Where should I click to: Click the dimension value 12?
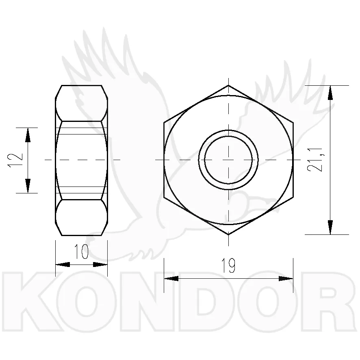pyautogui.click(x=15, y=160)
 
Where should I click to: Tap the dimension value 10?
pyautogui.click(x=82, y=252)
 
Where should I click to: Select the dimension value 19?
pyautogui.click(x=228, y=265)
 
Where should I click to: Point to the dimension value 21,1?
pyautogui.click(x=316, y=160)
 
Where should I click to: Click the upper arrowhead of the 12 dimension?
pyautogui.click(x=28, y=135)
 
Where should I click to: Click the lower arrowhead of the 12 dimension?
pyautogui.click(x=28, y=186)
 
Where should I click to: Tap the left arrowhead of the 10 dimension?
pyautogui.click(x=63, y=265)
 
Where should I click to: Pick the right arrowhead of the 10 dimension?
pyautogui.click(x=100, y=265)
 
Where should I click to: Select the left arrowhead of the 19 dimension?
pyautogui.click(x=171, y=278)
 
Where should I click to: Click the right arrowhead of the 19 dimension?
pyautogui.click(x=286, y=278)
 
